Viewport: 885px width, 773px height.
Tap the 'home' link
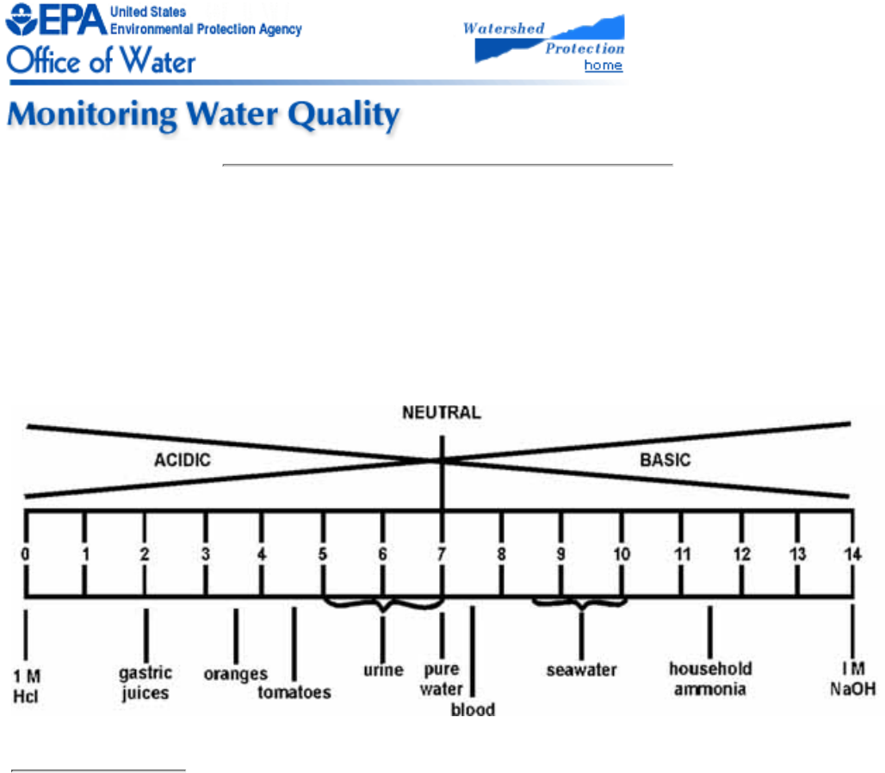tap(603, 65)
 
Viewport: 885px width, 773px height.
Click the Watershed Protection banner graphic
tap(548, 39)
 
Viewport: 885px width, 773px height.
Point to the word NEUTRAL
tap(442, 412)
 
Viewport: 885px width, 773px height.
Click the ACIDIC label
tap(183, 460)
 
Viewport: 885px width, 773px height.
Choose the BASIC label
tap(665, 460)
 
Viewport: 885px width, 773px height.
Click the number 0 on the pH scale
tap(26, 553)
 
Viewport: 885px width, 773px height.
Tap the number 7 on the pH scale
tap(442, 553)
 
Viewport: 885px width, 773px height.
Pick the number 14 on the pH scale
tap(851, 553)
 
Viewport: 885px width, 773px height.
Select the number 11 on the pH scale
tap(683, 553)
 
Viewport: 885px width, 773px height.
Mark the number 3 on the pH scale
tap(206, 553)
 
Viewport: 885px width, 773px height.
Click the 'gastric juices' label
tap(145, 683)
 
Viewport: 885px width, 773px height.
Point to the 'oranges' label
tap(235, 674)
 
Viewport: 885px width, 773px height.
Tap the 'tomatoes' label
tap(294, 693)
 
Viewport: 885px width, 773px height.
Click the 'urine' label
tap(383, 671)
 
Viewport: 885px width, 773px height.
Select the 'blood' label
tap(473, 710)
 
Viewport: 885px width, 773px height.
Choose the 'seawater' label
tap(582, 670)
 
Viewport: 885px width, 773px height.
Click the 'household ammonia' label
tap(710, 678)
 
